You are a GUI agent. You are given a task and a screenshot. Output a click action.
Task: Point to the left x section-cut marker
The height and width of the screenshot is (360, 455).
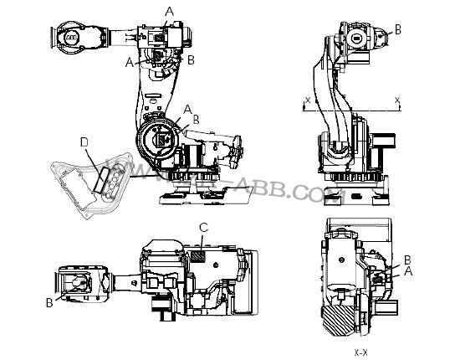click(308, 100)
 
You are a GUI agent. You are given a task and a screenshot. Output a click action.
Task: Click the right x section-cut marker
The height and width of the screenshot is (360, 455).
click(398, 100)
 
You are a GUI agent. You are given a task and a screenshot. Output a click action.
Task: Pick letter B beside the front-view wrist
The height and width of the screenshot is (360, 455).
click(397, 28)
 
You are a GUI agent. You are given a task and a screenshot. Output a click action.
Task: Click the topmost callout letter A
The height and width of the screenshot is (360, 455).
click(170, 11)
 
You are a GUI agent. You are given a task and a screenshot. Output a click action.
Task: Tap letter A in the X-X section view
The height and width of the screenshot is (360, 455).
click(407, 271)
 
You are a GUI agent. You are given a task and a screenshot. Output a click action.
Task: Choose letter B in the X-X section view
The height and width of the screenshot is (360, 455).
click(406, 260)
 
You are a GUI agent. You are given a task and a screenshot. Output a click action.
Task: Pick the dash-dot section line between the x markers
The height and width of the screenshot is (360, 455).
click(351, 108)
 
